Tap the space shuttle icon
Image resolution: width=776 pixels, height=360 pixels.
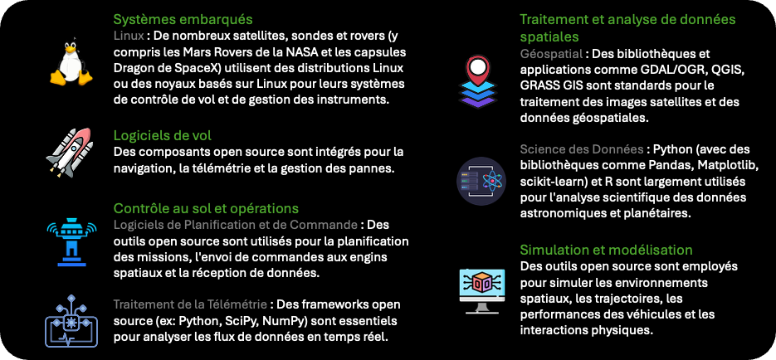click(70, 153)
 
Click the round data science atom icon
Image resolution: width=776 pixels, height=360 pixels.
click(481, 181)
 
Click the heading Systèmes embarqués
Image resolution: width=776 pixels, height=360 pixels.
click(183, 20)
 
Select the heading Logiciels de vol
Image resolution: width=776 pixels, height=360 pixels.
click(163, 135)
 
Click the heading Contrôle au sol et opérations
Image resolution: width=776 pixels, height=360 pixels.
click(206, 207)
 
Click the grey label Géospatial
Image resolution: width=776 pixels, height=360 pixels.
click(551, 53)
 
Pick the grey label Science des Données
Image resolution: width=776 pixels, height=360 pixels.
click(582, 148)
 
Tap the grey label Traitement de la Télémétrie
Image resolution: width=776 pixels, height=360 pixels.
click(191, 304)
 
